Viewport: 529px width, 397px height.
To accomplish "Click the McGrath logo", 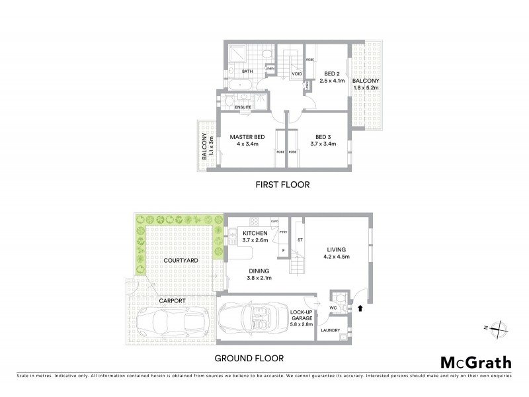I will tap(476, 362).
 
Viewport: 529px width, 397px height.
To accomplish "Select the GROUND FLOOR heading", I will tap(249, 358).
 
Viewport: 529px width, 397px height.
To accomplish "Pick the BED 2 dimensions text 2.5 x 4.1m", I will tap(333, 81).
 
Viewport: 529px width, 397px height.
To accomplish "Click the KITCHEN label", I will tap(255, 234).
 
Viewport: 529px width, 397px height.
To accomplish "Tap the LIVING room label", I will tap(335, 249).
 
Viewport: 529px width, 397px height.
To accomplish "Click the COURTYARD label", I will tap(181, 261).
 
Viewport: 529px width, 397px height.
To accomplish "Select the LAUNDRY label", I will tap(330, 330).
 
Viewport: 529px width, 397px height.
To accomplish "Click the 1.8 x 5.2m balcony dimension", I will tap(366, 87).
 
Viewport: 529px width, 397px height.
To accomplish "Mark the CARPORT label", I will tap(171, 300).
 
